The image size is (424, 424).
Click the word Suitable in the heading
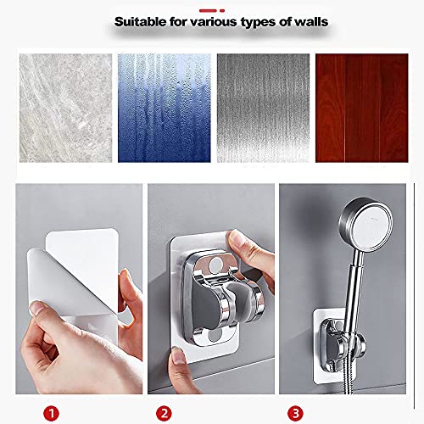click(140, 22)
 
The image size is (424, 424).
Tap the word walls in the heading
click(311, 22)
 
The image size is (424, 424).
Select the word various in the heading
click(214, 22)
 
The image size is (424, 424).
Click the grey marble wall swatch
click(65, 108)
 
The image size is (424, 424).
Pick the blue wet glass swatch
click(165, 108)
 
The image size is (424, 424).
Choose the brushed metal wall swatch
click(263, 108)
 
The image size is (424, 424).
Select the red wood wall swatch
click(362, 108)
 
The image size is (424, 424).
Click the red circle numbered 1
click(51, 414)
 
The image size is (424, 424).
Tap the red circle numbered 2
click(164, 414)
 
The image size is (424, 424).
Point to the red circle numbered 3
click(295, 414)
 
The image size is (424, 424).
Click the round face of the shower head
click(371, 226)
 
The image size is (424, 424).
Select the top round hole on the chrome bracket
click(216, 265)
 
